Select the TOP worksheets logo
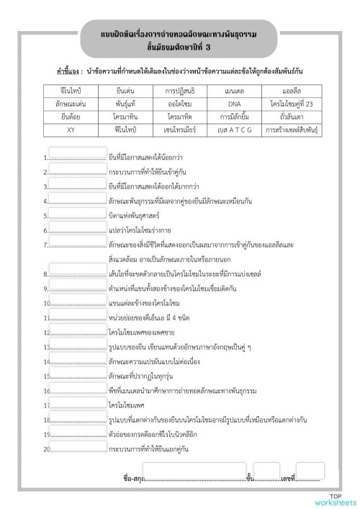(x=334, y=499)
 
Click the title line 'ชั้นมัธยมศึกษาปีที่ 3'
(x=179, y=48)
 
